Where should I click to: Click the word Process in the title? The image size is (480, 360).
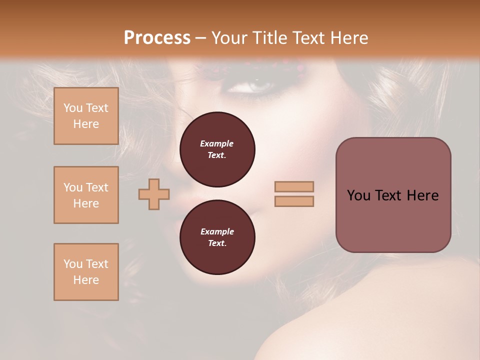tap(157, 38)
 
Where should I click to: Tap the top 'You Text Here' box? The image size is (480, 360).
tap(86, 116)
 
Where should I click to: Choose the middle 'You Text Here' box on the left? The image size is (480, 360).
tap(86, 195)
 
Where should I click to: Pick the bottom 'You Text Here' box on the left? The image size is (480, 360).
tap(86, 272)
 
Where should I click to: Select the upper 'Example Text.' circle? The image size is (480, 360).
tap(217, 149)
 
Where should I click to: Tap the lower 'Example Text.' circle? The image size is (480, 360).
tap(217, 237)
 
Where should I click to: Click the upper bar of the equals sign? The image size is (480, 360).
tap(294, 187)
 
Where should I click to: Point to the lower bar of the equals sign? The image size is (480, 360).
tap(294, 201)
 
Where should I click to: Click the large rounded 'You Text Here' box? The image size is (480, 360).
tap(393, 195)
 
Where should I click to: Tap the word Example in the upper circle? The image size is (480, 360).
tap(217, 143)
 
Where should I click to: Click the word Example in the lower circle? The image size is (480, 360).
tap(217, 231)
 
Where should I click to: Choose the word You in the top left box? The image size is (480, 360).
tap(73, 108)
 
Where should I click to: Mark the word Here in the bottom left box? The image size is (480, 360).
tap(86, 280)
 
